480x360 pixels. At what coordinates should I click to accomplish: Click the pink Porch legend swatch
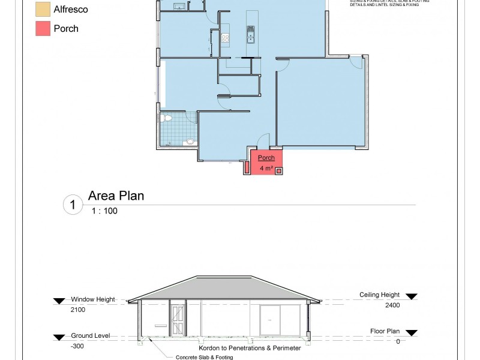[x=43, y=28]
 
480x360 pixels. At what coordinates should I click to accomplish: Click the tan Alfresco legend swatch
[x=43, y=10]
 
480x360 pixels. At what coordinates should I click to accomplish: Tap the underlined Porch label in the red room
[x=266, y=158]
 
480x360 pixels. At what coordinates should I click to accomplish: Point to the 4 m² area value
[x=266, y=169]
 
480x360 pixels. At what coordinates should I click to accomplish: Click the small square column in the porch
[x=278, y=170]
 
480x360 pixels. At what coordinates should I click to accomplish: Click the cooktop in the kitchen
[x=226, y=38]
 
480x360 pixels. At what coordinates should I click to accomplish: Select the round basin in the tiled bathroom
[x=190, y=142]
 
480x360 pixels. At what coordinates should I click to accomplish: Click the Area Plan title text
[x=116, y=196]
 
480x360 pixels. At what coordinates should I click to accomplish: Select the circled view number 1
[x=72, y=205]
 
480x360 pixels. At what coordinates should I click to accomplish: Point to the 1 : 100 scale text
[x=104, y=211]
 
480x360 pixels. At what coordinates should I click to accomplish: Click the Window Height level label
[x=93, y=299]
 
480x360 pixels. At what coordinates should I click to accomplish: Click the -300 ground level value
[x=78, y=346]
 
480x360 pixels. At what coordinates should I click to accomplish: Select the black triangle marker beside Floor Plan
[x=412, y=331]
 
